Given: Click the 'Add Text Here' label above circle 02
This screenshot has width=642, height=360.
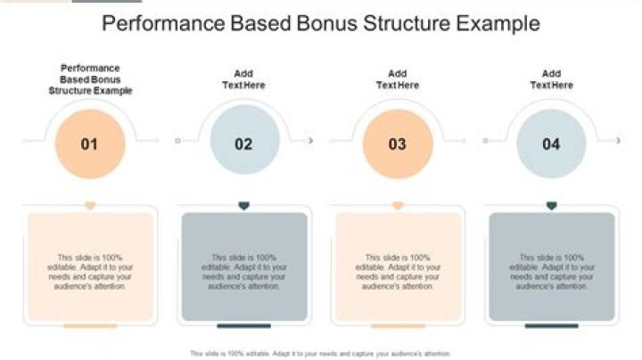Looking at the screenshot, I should [243, 79].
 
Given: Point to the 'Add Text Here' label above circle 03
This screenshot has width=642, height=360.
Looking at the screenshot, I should [398, 79].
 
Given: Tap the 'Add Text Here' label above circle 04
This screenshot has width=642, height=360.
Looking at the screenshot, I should [551, 79].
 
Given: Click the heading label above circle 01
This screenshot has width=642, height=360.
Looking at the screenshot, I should [90, 79].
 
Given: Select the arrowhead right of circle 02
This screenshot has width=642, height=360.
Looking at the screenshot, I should [310, 141].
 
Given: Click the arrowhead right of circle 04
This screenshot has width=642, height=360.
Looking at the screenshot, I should [618, 141].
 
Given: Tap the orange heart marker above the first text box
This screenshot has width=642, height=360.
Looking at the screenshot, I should [90, 206].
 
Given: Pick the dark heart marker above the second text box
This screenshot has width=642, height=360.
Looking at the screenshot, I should [243, 206].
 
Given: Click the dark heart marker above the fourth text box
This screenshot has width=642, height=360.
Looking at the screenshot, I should [551, 206].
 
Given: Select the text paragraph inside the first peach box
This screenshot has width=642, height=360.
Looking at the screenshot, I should [90, 271].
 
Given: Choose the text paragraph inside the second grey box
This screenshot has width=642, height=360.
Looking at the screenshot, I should [243, 271].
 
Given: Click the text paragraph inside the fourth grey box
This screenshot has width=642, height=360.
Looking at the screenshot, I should [551, 271].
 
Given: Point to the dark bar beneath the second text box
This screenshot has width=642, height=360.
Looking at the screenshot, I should [243, 326].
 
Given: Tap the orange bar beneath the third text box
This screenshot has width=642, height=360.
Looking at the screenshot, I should [398, 326].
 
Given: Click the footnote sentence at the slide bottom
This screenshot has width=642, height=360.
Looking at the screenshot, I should [320, 353].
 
